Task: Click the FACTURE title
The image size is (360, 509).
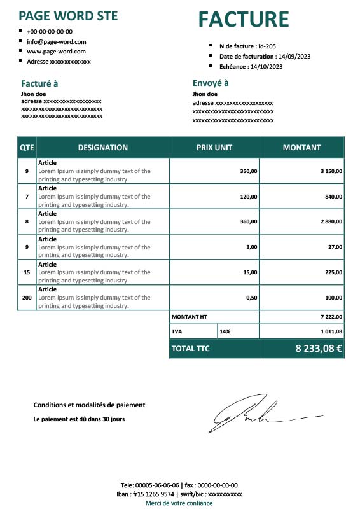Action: tap(244, 20)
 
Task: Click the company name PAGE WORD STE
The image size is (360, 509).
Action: tap(68, 16)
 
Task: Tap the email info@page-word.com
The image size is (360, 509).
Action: tap(56, 41)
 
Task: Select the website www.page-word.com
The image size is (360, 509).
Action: tap(56, 52)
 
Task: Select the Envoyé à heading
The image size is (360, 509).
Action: tap(211, 83)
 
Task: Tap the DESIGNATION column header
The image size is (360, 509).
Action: tap(102, 148)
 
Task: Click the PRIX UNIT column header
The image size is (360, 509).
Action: tap(214, 148)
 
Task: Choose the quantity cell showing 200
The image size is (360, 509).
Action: tap(27, 298)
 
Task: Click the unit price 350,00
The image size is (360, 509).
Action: tap(249, 171)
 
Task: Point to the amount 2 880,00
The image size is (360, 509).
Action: tap(329, 221)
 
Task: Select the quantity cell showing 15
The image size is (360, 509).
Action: tap(27, 272)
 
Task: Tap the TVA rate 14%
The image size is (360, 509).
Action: tap(225, 331)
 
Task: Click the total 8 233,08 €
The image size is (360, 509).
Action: tap(319, 349)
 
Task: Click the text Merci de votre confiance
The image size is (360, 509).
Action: tap(179, 503)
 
